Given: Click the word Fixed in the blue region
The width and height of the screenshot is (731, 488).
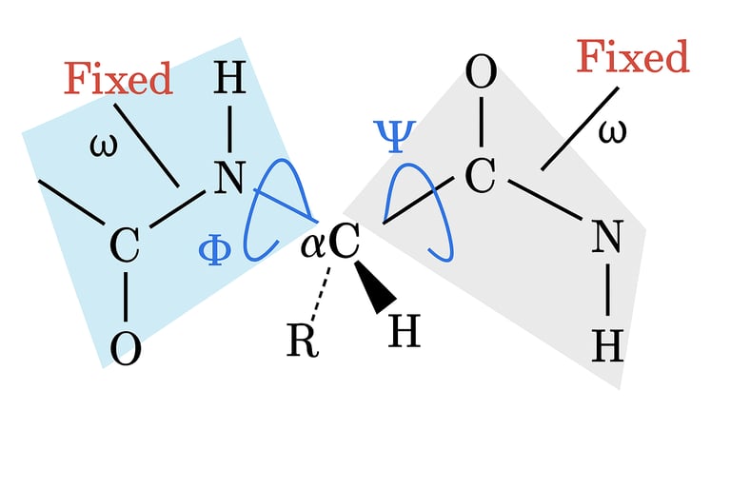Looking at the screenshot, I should click(x=118, y=79).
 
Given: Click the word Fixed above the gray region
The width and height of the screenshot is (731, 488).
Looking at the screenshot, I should click(x=633, y=58).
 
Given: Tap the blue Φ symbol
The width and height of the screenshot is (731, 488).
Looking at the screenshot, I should click(x=214, y=250).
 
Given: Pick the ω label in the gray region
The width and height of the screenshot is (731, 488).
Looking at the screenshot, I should click(x=612, y=130).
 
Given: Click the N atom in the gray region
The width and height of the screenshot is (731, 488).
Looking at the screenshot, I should click(x=607, y=237).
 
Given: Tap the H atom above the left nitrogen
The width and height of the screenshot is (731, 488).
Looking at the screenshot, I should click(x=229, y=79).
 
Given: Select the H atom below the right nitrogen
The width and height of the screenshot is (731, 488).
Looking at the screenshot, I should click(x=607, y=346).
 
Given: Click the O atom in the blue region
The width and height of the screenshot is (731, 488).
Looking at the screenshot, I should click(x=126, y=348).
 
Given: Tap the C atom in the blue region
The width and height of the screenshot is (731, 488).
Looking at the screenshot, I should click(x=125, y=246).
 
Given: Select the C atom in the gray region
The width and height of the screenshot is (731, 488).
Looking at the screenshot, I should click(x=482, y=175).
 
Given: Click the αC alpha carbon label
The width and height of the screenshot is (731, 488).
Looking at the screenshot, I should click(x=330, y=244).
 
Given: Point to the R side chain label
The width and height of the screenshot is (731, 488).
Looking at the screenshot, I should click(x=302, y=341).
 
